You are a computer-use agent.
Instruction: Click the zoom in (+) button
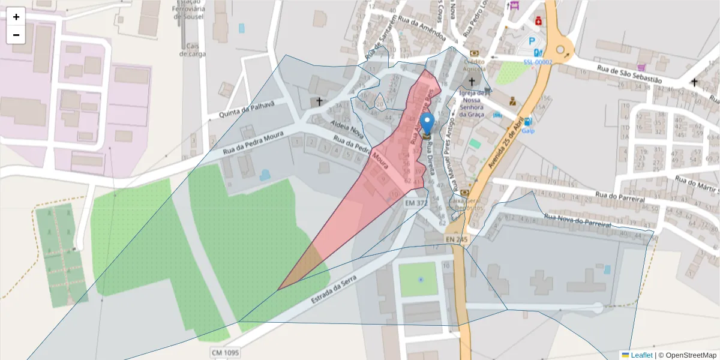coord(16,17)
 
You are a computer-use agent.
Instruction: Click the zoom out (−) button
coord(16,35)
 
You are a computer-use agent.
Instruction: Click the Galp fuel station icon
coord(527,121)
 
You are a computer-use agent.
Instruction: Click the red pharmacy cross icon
coord(539,20)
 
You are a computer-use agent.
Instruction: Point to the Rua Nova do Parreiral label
coord(577,220)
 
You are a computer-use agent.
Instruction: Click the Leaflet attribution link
coord(641,355)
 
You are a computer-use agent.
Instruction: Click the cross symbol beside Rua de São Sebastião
coord(694,82)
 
